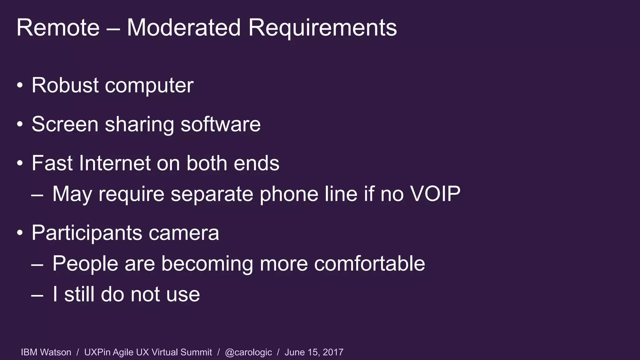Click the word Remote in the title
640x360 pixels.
click(58, 28)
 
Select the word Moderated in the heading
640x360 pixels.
click(183, 28)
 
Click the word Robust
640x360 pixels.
click(65, 85)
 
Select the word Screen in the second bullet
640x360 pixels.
click(65, 124)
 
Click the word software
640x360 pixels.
click(221, 124)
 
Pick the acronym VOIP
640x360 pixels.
click(435, 194)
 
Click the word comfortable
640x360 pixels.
click(369, 263)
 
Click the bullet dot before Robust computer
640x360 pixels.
click(20, 85)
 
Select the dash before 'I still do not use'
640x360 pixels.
click(37, 295)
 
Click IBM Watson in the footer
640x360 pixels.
click(46, 352)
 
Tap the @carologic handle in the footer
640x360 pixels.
click(248, 352)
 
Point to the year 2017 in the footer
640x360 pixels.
click(333, 352)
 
